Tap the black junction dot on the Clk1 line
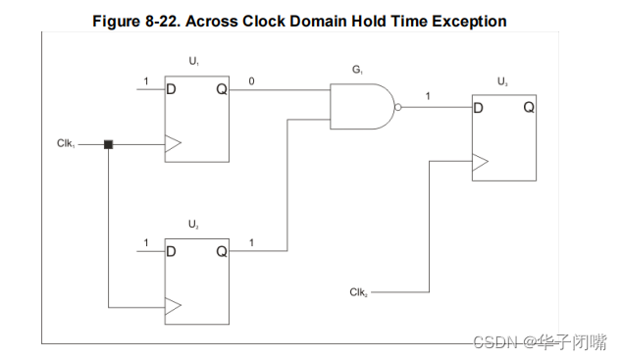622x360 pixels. pos(109,144)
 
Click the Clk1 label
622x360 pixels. pos(66,144)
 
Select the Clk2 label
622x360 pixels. pos(358,292)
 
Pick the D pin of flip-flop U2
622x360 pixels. pos(172,251)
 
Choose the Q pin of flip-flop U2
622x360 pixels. pos(221,251)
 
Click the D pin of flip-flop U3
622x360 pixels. pos(479,107)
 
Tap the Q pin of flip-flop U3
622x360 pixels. pos(528,107)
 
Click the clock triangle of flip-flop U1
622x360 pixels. pos(173,144)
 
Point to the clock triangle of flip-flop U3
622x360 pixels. pos(480,163)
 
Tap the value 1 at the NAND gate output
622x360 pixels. pos(429,95)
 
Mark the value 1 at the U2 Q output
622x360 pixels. pos(252,241)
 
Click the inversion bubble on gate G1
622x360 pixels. pos(397,107)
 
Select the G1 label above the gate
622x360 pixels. pos(357,71)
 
